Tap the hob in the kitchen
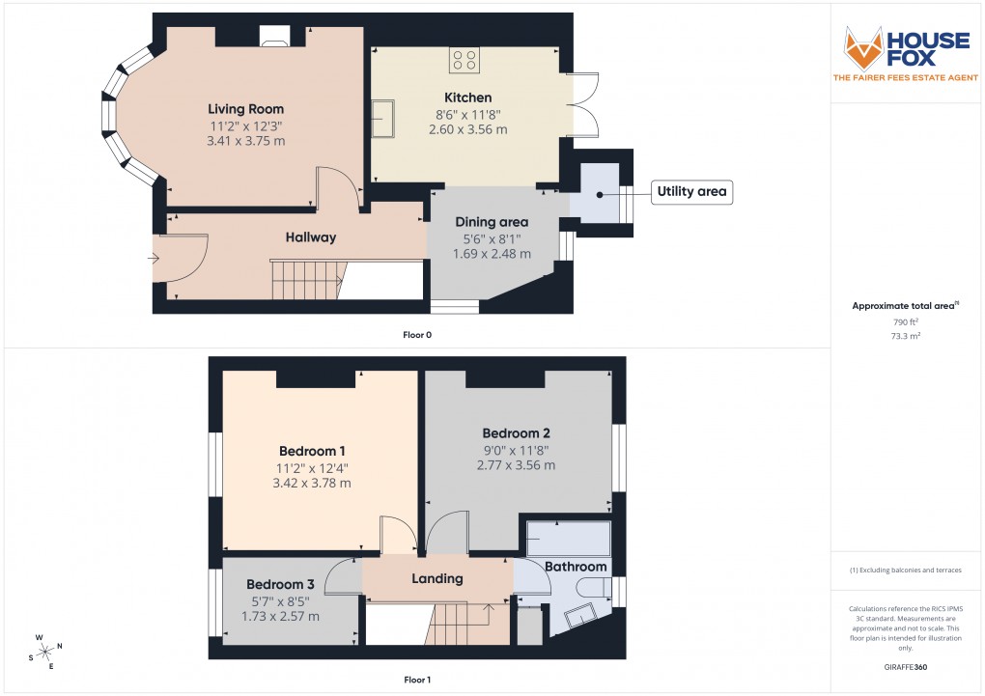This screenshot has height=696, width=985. pos(464,60)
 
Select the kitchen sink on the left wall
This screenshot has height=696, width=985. pos(387,118)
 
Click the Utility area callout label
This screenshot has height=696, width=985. pos(690,192)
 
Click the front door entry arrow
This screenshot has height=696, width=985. pos(154,258)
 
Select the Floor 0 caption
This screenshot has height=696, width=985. pos(416,334)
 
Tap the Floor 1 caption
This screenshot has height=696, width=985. pos(416,680)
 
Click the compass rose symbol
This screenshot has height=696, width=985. pos(45,653)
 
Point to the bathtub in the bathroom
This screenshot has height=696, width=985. pos(568,537)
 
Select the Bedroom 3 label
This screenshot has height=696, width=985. pos(280,584)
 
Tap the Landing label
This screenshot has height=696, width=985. pos(436,579)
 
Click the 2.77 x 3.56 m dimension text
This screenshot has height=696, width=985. pos(516,465)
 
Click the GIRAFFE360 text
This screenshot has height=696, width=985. pos(906,666)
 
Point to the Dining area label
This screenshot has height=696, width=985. pos(492,222)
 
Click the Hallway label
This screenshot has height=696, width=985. pos(310,237)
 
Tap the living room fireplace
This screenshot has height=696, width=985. pos(273,37)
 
